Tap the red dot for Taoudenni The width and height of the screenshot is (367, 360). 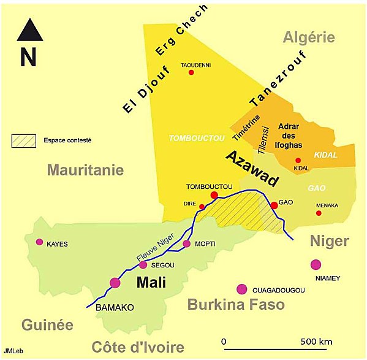tap(191, 72)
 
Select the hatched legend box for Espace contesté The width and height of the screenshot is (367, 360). tap(25, 140)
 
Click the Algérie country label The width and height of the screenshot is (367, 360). tap(309, 37)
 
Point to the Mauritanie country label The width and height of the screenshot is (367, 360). tap(85, 170)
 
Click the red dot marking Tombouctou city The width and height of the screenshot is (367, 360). tap(214, 196)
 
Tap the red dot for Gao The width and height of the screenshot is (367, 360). tap(274, 205)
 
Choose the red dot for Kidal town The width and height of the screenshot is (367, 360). tap(298, 160)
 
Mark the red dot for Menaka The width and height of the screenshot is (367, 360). tap(319, 213)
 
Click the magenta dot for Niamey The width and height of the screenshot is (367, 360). tap(316, 264)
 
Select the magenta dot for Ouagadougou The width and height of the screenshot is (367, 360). tap(242, 289)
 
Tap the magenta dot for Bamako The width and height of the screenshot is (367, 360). tap(115, 283)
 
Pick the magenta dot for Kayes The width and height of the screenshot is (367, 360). tap(40, 242)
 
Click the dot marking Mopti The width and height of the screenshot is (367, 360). tap(187, 244)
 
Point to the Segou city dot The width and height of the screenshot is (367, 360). tap(143, 265)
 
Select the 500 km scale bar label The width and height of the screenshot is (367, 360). tap(317, 341)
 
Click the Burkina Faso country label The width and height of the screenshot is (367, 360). tap(236, 305)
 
